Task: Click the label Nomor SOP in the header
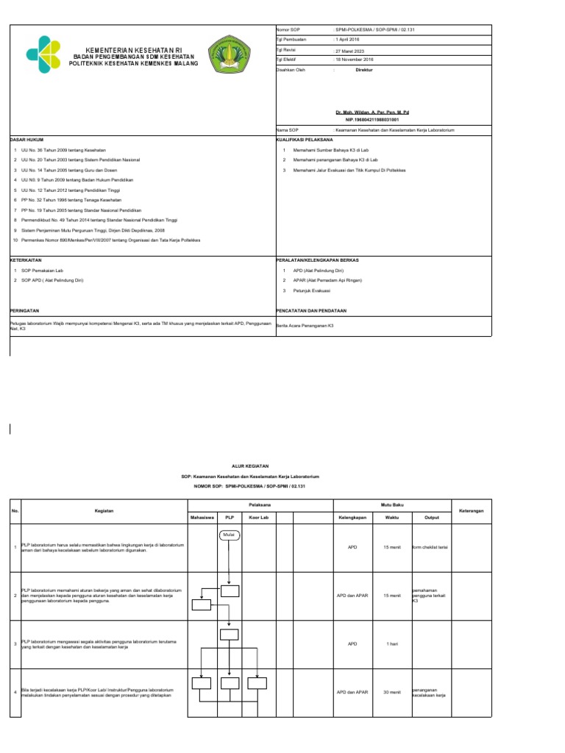288,29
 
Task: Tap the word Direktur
364,69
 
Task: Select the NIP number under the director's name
372,118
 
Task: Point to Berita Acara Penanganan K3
305,325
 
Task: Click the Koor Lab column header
258,518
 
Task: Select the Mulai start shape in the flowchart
230,535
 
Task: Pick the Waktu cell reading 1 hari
391,644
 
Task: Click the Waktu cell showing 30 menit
391,692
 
